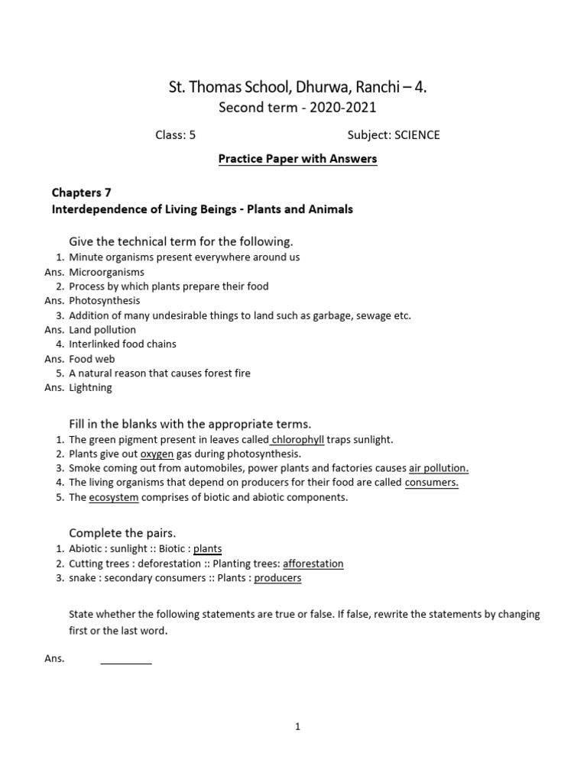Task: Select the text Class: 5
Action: [176, 135]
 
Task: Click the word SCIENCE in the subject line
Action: [417, 135]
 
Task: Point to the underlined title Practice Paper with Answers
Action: [297, 159]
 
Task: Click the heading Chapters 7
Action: [81, 192]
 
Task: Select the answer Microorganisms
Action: [106, 272]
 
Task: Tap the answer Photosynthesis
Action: [104, 301]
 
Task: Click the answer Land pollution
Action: [102, 330]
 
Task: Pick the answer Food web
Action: [92, 359]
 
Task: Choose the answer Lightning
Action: [90, 388]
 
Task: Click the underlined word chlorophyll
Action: [299, 440]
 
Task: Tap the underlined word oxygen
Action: [157, 454]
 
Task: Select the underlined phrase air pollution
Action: [439, 468]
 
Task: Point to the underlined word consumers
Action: [431, 483]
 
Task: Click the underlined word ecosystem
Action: [113, 497]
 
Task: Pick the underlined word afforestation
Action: [313, 564]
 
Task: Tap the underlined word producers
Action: [277, 578]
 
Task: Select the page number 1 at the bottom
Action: [297, 727]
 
